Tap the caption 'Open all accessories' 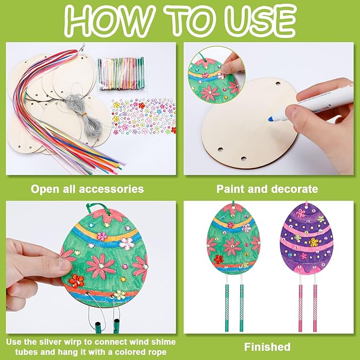point(87,188)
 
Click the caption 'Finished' point(267,347)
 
